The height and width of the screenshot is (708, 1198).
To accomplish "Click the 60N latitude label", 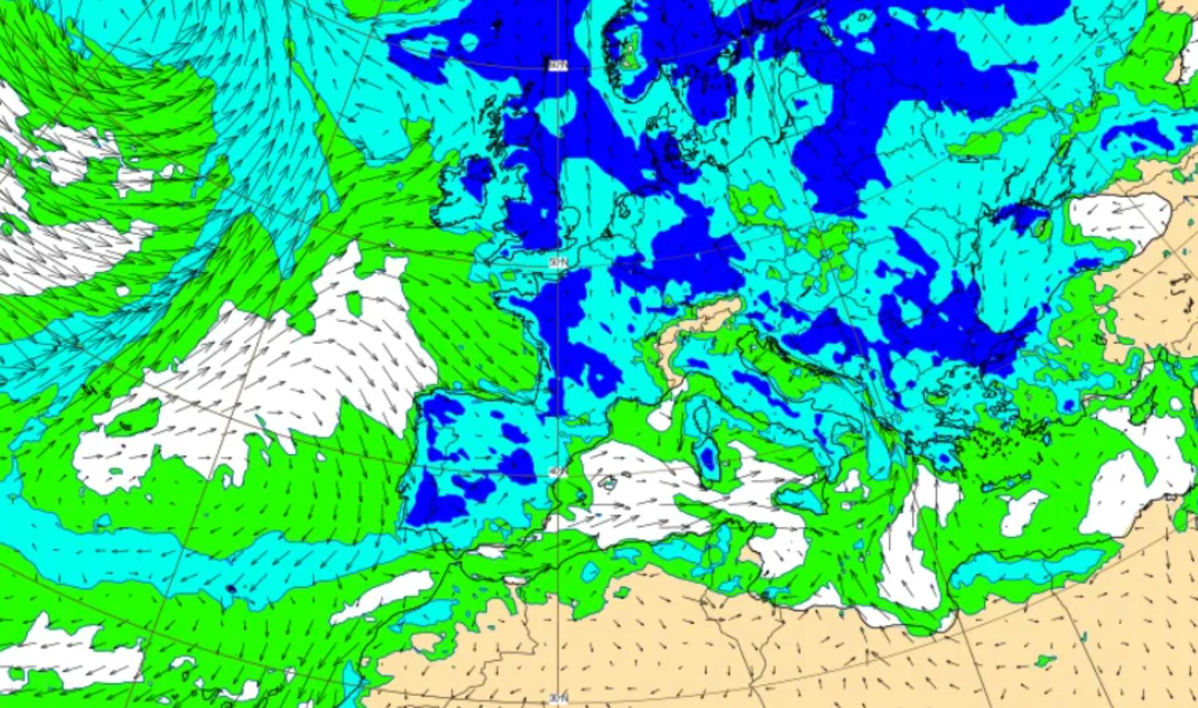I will point(556,65).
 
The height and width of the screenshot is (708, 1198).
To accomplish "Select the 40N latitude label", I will point(557,472).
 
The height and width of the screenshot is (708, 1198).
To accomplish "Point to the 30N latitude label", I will point(558,697).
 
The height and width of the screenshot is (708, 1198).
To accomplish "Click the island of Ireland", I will point(466,193).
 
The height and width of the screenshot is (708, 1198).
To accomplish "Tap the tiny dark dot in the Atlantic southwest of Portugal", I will point(230,589).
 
